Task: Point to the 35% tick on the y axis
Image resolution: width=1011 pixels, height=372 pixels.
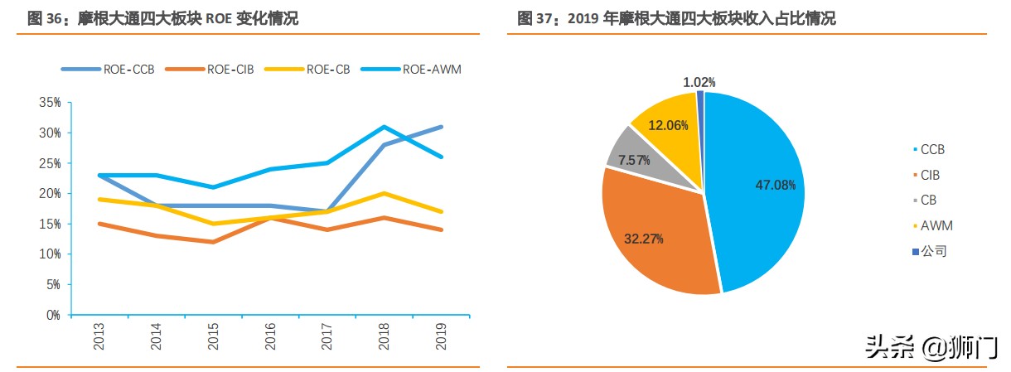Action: tap(50, 103)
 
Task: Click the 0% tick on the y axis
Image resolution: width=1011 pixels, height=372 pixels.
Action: tap(53, 315)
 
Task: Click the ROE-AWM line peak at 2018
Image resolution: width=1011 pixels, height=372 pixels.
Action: tap(384, 127)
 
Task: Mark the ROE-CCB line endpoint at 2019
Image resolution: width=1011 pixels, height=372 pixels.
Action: tap(440, 127)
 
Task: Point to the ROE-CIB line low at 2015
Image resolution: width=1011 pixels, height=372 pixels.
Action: tap(214, 242)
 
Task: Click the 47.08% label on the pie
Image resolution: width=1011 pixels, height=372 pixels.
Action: tap(775, 185)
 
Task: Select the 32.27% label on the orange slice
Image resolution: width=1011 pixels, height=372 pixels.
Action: tap(644, 239)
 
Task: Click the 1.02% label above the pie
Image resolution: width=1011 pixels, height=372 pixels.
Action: tap(699, 82)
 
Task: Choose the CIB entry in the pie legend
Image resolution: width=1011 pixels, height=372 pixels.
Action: tap(930, 176)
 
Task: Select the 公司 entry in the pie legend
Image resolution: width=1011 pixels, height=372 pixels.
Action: tap(933, 251)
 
